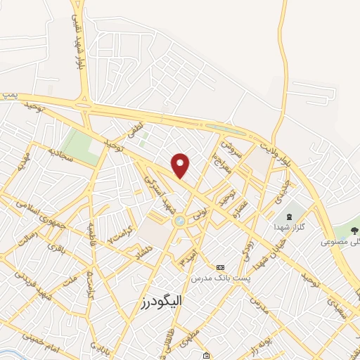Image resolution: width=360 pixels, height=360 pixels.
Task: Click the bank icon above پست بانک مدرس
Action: pyautogui.click(x=221, y=267)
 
